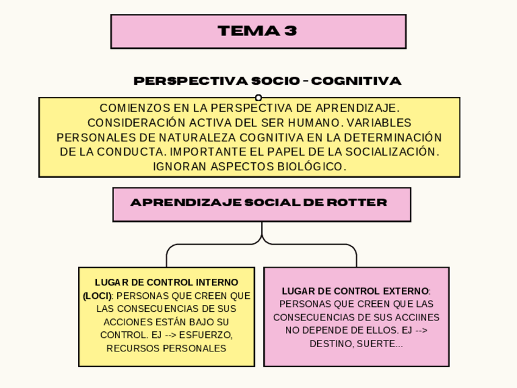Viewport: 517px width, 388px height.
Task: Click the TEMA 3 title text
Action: (257, 31)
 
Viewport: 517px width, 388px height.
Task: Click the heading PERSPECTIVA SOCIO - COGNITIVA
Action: (267, 81)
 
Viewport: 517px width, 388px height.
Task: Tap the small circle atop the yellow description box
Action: (258, 98)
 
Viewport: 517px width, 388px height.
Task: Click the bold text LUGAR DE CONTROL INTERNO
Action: (166, 282)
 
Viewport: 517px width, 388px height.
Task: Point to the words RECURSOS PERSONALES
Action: (166, 348)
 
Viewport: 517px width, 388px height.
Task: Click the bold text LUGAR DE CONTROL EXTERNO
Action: (355, 291)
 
